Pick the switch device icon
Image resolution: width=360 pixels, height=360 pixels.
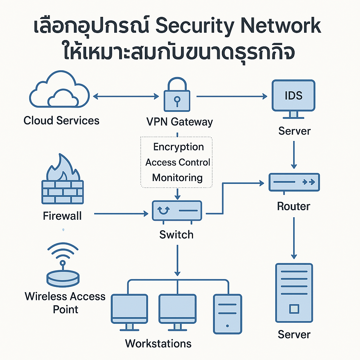[177, 211]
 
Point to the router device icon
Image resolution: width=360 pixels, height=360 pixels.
[294, 182]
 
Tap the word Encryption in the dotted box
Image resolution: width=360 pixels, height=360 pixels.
[179, 147]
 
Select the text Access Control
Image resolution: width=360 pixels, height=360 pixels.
[178, 162]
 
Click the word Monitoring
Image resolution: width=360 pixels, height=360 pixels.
[178, 177]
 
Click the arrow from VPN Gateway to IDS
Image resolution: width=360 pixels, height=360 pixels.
[231, 96]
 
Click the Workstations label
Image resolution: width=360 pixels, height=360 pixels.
[158, 343]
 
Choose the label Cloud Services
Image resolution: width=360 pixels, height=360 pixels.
[62, 121]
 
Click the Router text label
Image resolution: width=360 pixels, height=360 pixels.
[294, 206]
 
